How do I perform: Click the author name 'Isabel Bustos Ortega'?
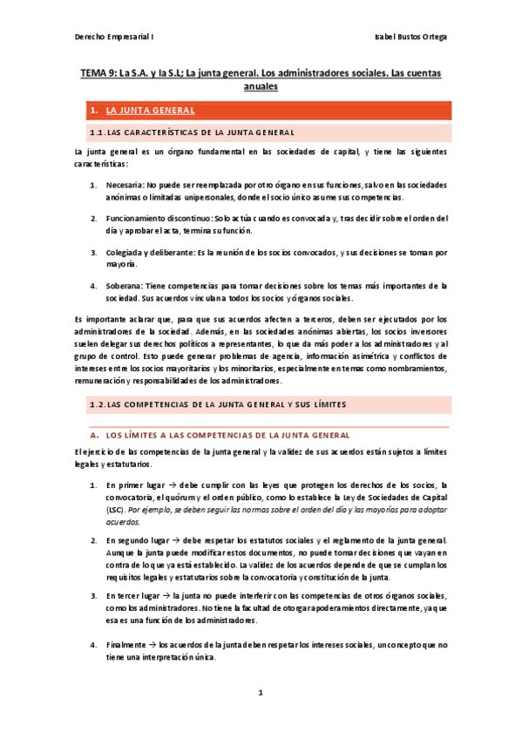406,37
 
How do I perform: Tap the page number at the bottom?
261,695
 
